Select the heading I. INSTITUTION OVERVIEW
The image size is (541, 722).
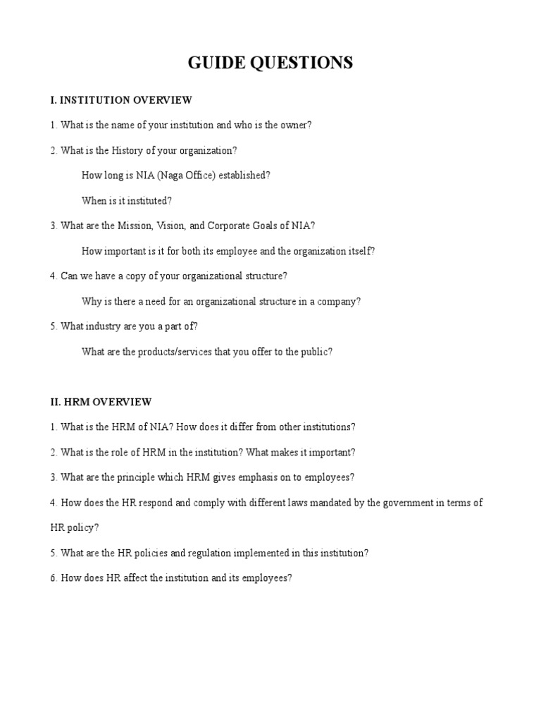point(120,100)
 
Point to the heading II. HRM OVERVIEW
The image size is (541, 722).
point(101,402)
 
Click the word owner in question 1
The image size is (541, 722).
point(293,126)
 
